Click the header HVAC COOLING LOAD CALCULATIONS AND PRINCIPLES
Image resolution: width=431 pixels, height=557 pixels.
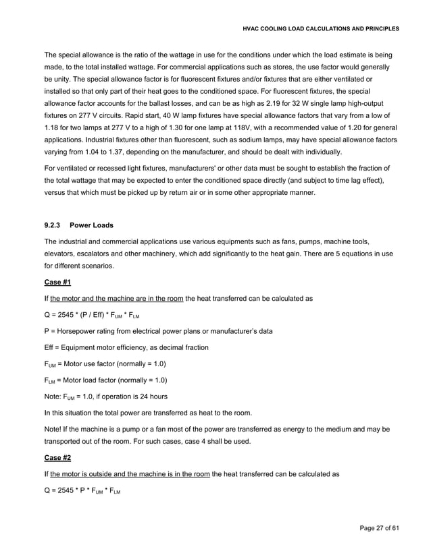pos(321,29)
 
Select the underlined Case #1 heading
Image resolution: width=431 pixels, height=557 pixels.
pos(57,282)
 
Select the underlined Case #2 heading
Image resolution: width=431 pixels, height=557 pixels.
pos(57,459)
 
